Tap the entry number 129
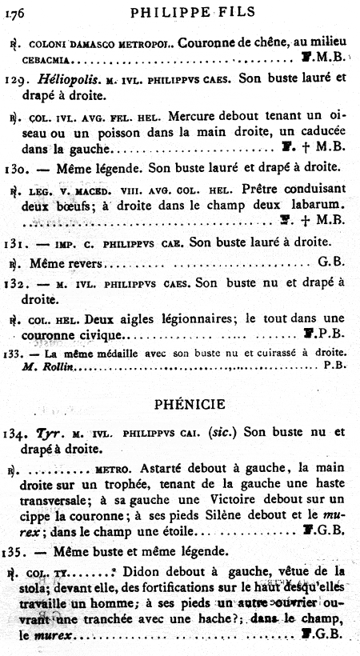[16, 80]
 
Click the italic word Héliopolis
[66, 80]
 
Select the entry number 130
[16, 169]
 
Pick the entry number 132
[16, 282]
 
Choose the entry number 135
[16, 551]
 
